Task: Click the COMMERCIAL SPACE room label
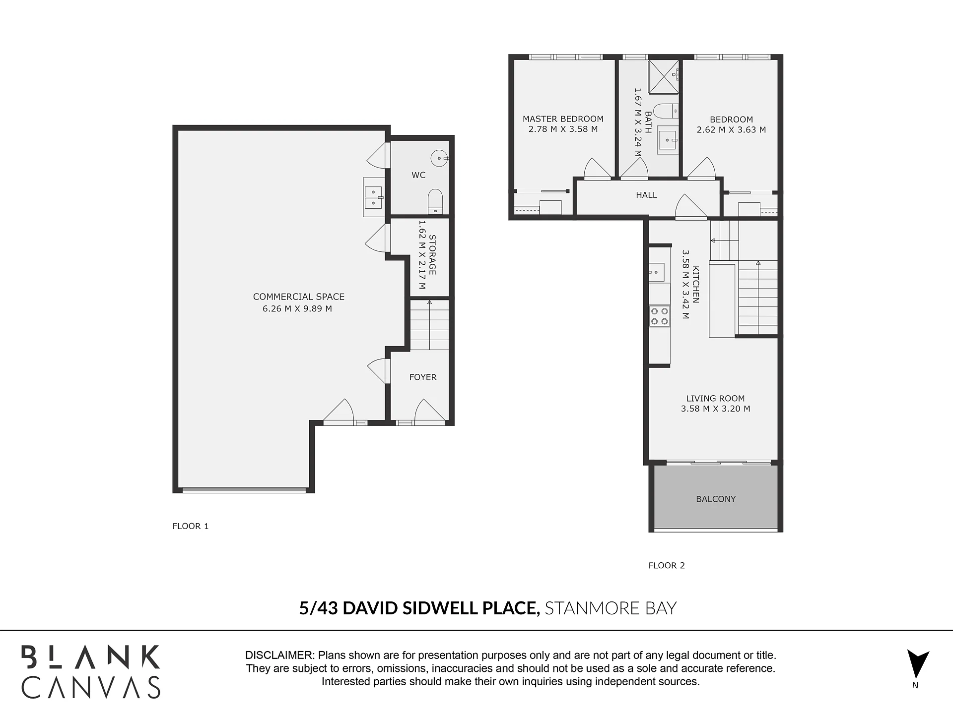[298, 297]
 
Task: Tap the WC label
[418, 175]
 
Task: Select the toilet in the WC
[435, 201]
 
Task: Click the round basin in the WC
[439, 158]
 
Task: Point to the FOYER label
[423, 377]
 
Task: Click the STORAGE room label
[432, 255]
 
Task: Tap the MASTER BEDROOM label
[563, 119]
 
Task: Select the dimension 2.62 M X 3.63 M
[731, 130]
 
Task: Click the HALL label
[646, 195]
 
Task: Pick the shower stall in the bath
[664, 76]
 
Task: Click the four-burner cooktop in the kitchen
[660, 316]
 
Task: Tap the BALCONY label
[716, 499]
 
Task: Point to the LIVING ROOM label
[715, 399]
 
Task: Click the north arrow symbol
[917, 664]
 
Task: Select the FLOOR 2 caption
[667, 566]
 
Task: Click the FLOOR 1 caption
[191, 526]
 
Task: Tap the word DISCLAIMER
[280, 655]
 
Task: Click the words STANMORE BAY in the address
[611, 608]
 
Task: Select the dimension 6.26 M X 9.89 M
[297, 308]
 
